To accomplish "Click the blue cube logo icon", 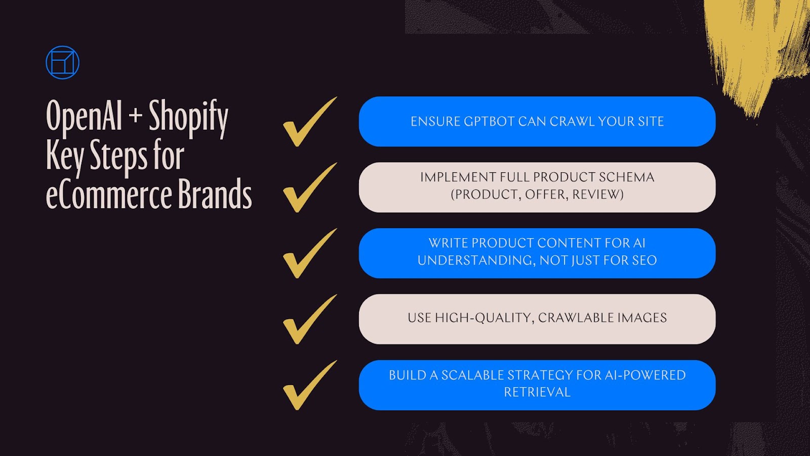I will [62, 63].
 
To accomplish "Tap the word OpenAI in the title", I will [84, 116].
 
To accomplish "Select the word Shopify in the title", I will [188, 117].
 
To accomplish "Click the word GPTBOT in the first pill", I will [489, 122].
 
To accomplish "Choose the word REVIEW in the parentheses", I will [598, 195].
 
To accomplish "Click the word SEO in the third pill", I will [644, 260].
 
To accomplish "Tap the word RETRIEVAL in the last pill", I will [537, 392].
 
